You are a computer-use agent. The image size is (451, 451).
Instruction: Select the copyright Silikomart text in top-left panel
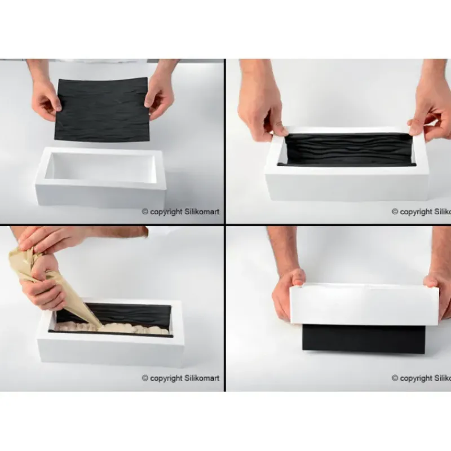click(x=180, y=212)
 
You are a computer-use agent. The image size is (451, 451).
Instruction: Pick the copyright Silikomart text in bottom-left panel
click(x=180, y=378)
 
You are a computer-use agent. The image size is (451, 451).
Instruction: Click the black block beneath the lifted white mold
click(x=364, y=338)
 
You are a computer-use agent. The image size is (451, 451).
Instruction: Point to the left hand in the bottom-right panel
click(x=288, y=293)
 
